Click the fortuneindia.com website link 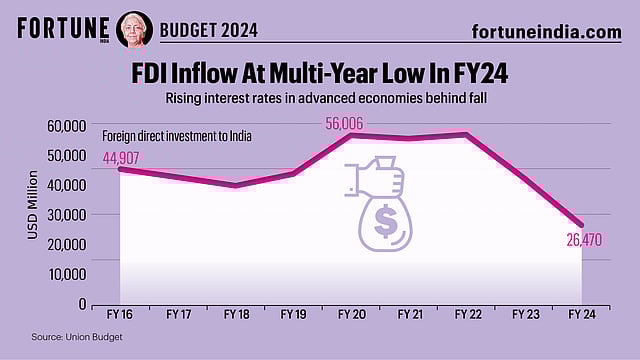tap(546, 31)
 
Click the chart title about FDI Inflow tap(319, 74)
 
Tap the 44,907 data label tap(122, 156)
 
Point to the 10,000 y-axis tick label tap(68, 274)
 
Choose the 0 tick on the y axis tap(81, 304)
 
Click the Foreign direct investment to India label tap(176, 136)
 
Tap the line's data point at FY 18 tap(235, 185)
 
